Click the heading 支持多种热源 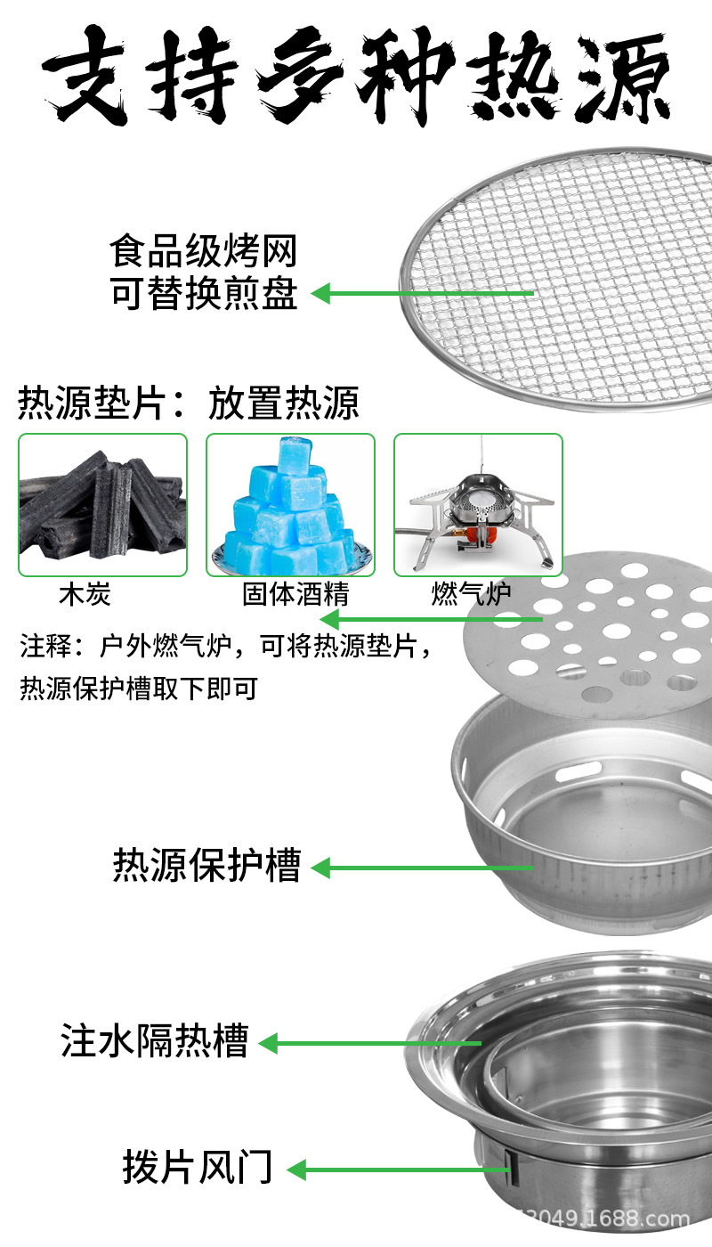point(356,76)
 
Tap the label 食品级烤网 point(204,252)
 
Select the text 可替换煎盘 point(204,294)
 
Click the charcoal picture point(103,505)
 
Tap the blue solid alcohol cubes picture point(290,505)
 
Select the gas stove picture point(479,505)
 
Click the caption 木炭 point(85,594)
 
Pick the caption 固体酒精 point(295,594)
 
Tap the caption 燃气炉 point(471,594)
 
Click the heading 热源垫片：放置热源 point(189,403)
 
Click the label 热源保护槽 point(207,866)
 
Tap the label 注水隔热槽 point(155,1040)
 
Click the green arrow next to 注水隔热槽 point(369,1042)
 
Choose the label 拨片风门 point(198,1168)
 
